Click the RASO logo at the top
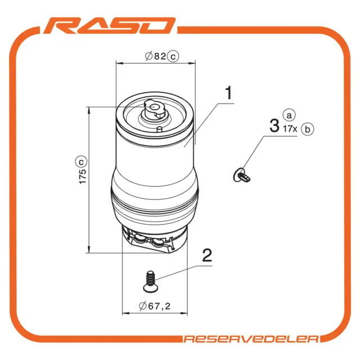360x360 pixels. pyautogui.click(x=109, y=26)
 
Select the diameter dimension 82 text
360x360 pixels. pyautogui.click(x=160, y=56)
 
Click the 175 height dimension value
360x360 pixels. pyautogui.click(x=83, y=176)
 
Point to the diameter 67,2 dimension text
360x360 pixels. pyautogui.click(x=159, y=306)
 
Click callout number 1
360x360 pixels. pyautogui.click(x=228, y=93)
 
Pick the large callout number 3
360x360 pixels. pyautogui.click(x=274, y=126)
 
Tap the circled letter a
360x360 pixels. pyautogui.click(x=289, y=115)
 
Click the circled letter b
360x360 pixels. pyautogui.click(x=307, y=129)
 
